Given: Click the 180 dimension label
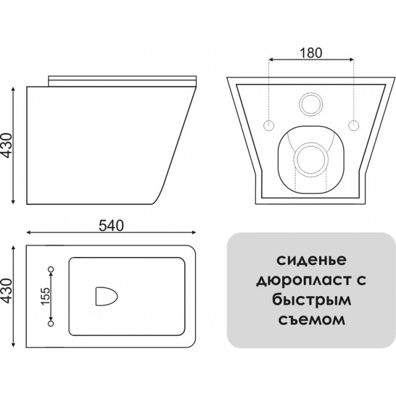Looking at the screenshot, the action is coord(311,52).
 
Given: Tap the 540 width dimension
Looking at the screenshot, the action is coord(111,225).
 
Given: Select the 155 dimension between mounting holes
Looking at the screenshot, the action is coord(46,296).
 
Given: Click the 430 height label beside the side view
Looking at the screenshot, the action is coord(7,146).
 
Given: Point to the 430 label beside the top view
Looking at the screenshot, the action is coord(7,291).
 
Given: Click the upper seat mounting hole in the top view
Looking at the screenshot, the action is coord(51,269).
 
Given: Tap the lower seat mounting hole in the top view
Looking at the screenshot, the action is coord(51,324).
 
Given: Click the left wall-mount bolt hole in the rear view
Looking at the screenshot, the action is coord(269,125).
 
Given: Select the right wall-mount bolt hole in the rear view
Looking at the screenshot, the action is coord(353,125).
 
